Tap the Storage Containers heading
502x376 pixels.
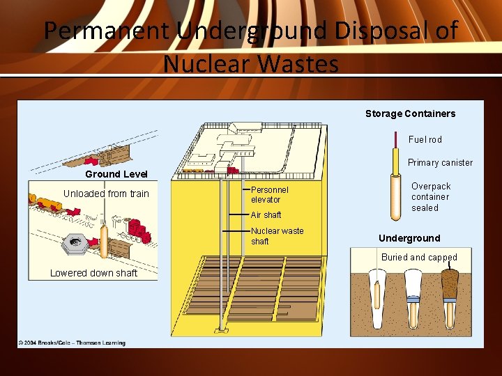[x=410, y=113]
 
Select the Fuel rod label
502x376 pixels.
[x=425, y=140]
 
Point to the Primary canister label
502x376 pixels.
[x=440, y=163]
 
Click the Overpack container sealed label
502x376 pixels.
[x=430, y=197]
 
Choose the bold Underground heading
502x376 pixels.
[x=409, y=238]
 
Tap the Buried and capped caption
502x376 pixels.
[x=419, y=258]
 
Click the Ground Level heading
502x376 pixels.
[x=116, y=174]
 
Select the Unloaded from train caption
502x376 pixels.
[x=106, y=194]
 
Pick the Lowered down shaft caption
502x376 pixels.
[x=93, y=273]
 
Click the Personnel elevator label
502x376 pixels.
[x=269, y=194]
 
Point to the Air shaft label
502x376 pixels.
[x=266, y=215]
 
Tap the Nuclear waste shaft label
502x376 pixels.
[x=277, y=236]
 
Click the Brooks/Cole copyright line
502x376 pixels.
[x=71, y=343]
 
